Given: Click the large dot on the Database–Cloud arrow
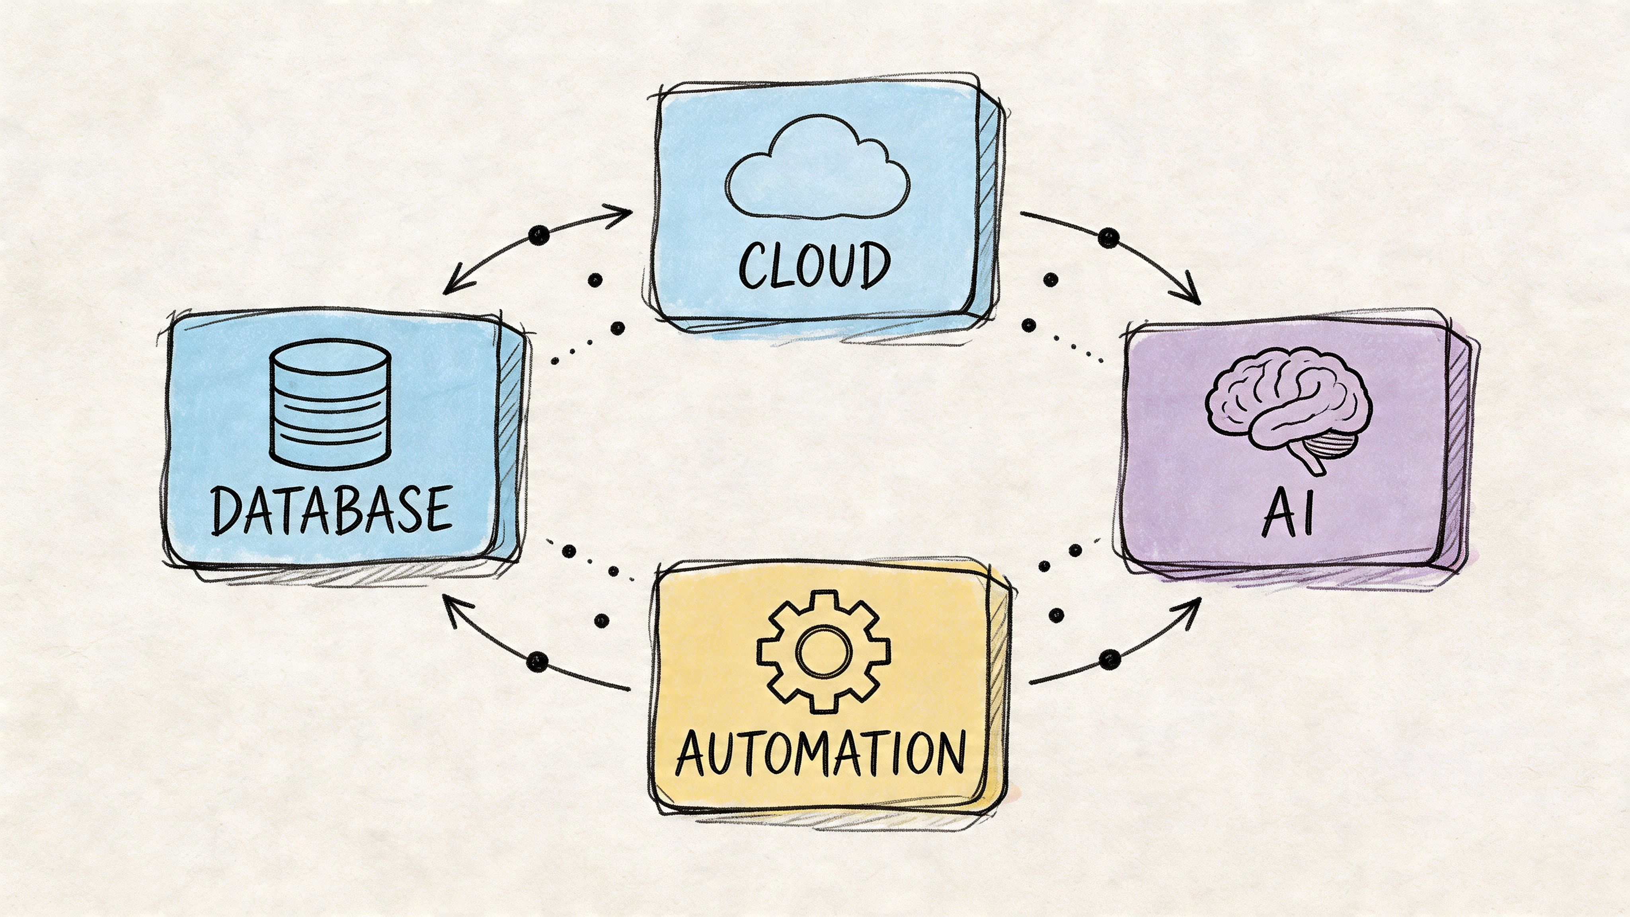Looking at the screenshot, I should tap(538, 236).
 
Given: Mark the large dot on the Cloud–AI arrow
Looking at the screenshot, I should tap(1108, 238).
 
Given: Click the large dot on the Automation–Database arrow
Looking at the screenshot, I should tap(536, 662).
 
